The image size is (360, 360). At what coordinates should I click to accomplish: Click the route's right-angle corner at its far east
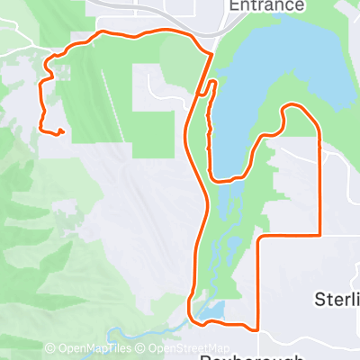click(319, 235)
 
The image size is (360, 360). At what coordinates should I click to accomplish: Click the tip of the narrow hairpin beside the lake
click(213, 83)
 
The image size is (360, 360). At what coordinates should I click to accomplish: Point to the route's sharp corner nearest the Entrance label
click(211, 54)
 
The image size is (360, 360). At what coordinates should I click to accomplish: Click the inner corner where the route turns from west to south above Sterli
click(259, 238)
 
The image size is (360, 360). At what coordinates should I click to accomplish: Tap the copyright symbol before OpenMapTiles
click(49, 348)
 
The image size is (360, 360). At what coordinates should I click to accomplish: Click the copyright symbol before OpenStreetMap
click(143, 348)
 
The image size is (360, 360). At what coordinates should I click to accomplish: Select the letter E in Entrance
click(234, 5)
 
